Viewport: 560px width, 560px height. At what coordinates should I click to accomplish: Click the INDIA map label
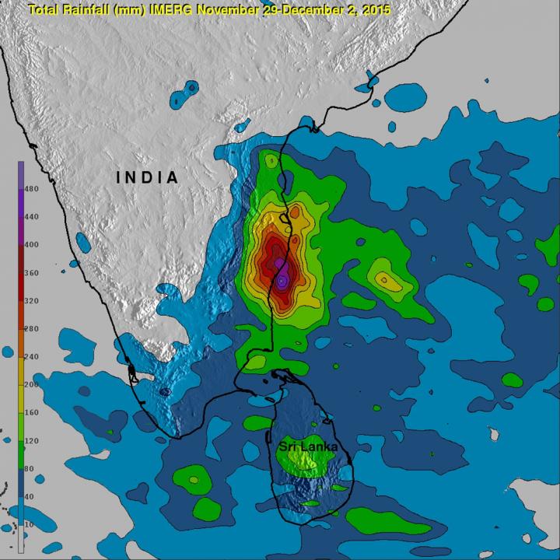tap(148, 177)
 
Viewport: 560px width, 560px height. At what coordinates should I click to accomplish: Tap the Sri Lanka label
tap(304, 449)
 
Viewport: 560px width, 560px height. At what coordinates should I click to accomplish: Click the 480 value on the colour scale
tap(33, 189)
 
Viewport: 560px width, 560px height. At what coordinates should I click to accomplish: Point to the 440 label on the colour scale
tap(33, 217)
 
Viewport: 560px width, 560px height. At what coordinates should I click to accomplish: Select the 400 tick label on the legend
tap(33, 245)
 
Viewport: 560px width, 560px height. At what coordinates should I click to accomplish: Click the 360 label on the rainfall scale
tap(33, 273)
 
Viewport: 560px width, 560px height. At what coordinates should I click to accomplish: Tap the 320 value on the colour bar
tap(33, 301)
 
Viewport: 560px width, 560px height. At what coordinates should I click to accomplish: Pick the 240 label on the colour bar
tap(33, 357)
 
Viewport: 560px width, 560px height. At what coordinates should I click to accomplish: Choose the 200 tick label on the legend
tap(33, 385)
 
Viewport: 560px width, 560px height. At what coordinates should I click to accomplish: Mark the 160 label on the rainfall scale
tap(33, 413)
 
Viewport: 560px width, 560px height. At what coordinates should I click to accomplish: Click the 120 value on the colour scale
tap(33, 441)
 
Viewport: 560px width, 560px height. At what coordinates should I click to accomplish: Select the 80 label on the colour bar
tap(31, 469)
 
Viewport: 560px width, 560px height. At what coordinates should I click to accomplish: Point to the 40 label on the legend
tap(31, 497)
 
